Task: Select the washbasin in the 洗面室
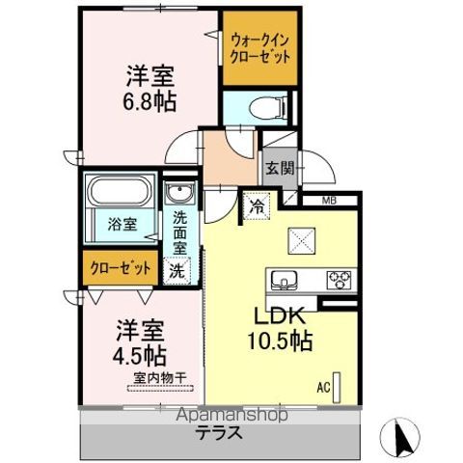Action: (x=179, y=192)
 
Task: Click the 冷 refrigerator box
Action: (x=257, y=206)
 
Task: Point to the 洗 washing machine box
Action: (x=177, y=271)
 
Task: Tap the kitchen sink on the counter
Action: (x=284, y=279)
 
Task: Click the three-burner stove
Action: (x=339, y=279)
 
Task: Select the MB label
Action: (x=329, y=202)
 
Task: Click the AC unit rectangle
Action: (x=337, y=388)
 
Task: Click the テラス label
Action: (x=219, y=432)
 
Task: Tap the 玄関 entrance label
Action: (x=280, y=168)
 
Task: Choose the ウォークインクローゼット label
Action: (x=259, y=49)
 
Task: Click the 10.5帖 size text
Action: (x=280, y=341)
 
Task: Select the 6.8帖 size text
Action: (x=150, y=101)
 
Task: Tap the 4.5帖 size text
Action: (x=140, y=356)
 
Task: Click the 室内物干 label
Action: (x=160, y=378)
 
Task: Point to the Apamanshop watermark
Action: (x=232, y=416)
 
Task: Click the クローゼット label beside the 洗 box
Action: (x=121, y=268)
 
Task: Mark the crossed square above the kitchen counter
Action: (x=302, y=241)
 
